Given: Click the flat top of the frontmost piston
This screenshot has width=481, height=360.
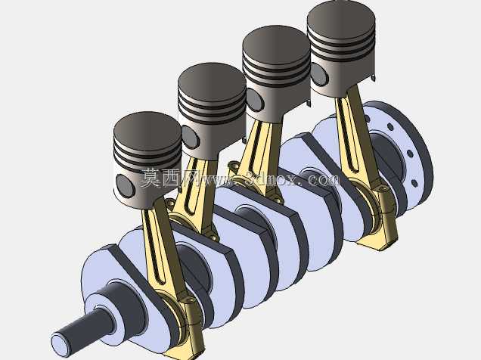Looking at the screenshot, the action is (x=147, y=129).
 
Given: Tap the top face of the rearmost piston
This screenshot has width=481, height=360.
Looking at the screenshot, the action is (x=341, y=17).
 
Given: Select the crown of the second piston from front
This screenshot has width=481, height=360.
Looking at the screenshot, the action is (x=212, y=81).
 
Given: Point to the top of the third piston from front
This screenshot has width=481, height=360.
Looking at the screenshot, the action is (x=276, y=43).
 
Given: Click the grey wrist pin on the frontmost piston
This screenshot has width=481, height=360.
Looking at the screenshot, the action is (x=125, y=186).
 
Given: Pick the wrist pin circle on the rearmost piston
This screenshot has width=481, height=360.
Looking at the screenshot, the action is (x=319, y=74).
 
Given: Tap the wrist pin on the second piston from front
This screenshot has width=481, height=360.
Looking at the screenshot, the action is (x=190, y=138).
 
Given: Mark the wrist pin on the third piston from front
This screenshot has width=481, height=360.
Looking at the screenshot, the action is (x=255, y=100).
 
